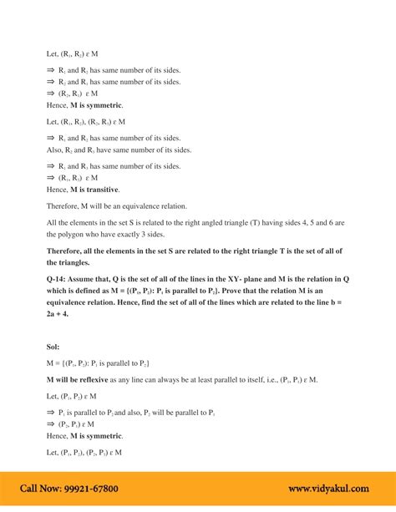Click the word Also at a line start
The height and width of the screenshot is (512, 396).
(55, 150)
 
